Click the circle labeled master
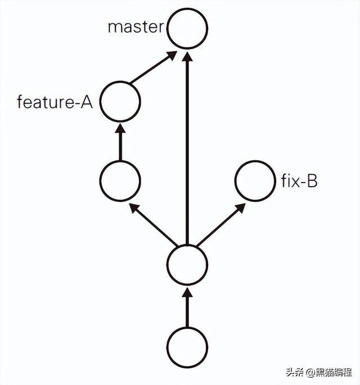click(x=188, y=28)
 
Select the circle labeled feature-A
click(x=120, y=102)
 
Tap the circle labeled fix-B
click(x=255, y=181)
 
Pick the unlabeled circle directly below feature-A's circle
click(x=120, y=181)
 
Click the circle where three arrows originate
click(x=188, y=265)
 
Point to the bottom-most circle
click(x=188, y=345)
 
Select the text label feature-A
click(x=55, y=102)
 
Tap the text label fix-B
click(x=299, y=182)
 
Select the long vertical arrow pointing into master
click(x=188, y=146)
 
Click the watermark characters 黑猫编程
click(x=334, y=372)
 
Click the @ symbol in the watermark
click(x=309, y=372)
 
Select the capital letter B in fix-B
click(x=311, y=182)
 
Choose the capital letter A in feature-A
click(x=86, y=102)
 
